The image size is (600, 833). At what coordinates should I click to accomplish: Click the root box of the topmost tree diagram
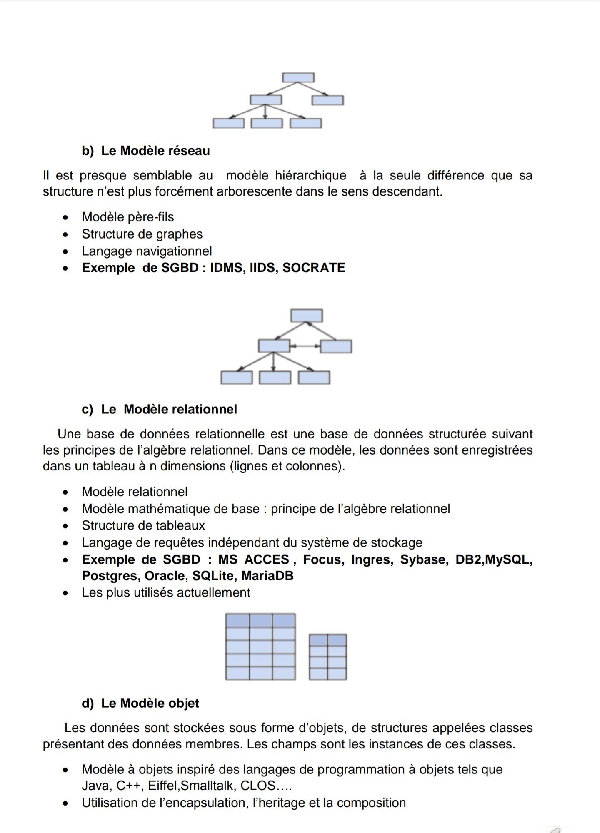coord(298,78)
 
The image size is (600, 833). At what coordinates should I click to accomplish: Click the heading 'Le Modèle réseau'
coord(155,151)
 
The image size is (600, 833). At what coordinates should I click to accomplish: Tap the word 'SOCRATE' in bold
coord(314,268)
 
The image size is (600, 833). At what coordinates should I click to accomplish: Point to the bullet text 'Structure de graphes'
coord(142,234)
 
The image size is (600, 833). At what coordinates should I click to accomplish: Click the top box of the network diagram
coord(307,316)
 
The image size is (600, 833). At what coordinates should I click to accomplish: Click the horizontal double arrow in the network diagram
coord(305,346)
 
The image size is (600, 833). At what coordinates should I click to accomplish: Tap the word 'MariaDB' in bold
coord(267,576)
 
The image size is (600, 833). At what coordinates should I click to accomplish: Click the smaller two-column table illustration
coord(328,657)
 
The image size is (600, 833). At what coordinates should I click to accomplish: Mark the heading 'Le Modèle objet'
coord(150,703)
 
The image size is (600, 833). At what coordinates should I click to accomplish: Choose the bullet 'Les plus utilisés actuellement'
coord(166,592)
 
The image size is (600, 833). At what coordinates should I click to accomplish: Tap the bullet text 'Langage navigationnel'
coord(147,251)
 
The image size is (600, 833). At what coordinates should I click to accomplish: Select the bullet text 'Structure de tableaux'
coord(143,525)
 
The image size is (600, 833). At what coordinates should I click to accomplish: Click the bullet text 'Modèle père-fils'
coord(128,217)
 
